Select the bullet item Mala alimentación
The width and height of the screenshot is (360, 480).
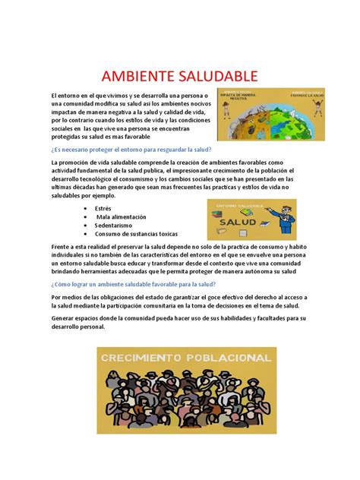124,216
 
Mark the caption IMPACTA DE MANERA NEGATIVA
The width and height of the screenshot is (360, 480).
240,98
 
